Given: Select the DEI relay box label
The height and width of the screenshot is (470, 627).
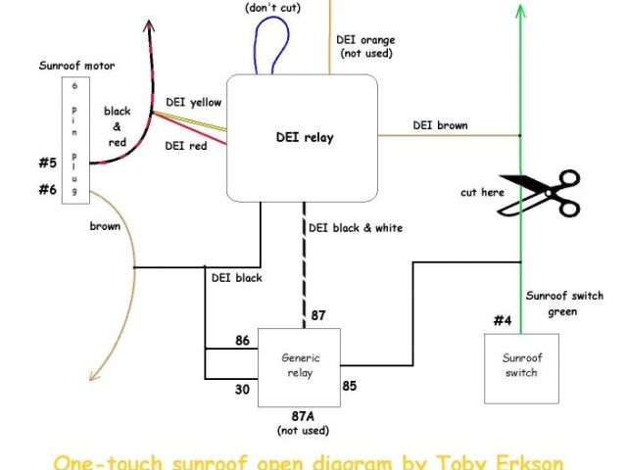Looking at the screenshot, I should [x=304, y=137].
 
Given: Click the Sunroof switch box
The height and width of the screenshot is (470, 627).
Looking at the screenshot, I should [x=520, y=367].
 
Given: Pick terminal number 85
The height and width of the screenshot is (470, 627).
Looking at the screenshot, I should [x=349, y=385].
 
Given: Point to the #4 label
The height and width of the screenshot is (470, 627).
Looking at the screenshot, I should [x=502, y=319].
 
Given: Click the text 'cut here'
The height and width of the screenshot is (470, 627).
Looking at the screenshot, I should [x=482, y=192].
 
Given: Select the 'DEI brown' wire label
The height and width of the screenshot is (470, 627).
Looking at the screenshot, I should [x=440, y=125].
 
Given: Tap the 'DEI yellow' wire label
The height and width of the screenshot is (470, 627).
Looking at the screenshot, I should [x=193, y=102].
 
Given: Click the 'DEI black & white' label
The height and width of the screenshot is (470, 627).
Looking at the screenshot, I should [x=355, y=227].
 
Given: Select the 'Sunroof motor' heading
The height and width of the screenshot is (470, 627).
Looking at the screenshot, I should [x=77, y=67].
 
